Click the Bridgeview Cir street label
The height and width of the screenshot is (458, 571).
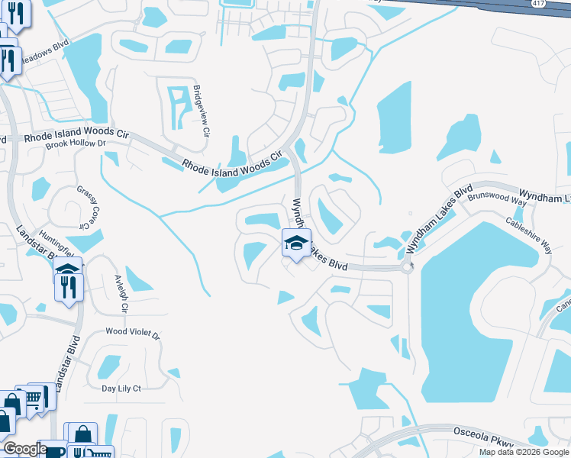(x=201, y=110)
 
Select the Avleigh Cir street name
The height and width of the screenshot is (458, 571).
(x=120, y=294)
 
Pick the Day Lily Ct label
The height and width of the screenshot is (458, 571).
(x=122, y=388)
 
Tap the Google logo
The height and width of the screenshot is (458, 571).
(x=24, y=449)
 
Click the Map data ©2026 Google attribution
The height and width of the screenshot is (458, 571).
(x=524, y=452)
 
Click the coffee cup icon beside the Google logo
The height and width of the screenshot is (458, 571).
(x=56, y=452)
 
